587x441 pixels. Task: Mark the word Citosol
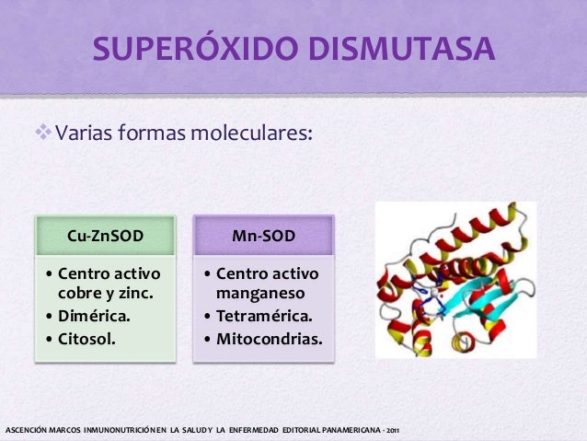click(88, 338)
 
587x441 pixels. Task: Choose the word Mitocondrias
click(270, 338)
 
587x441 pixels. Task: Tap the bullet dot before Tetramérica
click(208, 316)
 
